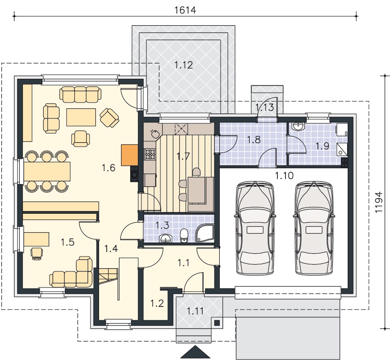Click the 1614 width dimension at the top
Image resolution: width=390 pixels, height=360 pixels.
point(185,10)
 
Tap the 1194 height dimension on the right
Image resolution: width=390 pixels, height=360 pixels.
point(378,202)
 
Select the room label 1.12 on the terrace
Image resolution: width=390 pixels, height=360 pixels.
point(184,65)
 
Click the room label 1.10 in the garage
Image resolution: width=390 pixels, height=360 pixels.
point(284,176)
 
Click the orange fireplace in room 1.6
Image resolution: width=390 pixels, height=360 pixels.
point(129,155)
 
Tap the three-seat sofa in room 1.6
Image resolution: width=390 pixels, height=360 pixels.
point(80,94)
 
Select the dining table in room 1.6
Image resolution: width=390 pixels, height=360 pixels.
point(47,171)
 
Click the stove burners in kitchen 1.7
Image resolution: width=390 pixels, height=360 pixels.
point(150,154)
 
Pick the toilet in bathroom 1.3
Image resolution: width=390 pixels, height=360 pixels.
point(184,235)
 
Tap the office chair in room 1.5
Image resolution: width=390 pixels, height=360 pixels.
point(36,254)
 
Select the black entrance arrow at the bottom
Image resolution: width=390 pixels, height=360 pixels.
point(195,352)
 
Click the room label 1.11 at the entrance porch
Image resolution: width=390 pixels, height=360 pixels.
point(195,311)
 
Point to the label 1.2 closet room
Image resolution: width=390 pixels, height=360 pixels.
point(157,303)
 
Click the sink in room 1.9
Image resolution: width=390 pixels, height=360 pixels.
point(298,126)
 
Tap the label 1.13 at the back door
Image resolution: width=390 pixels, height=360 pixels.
point(265,108)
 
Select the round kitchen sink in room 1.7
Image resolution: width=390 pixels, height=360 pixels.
point(156,134)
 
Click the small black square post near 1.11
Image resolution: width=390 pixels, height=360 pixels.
point(217,323)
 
